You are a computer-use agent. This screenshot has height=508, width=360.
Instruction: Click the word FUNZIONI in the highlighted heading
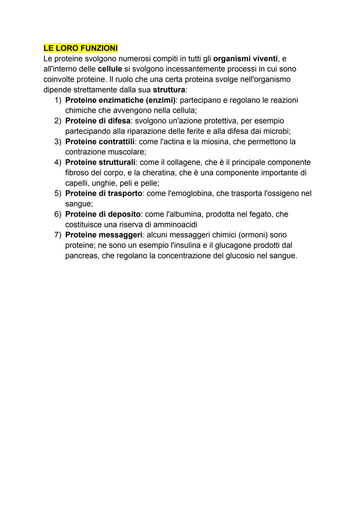point(99,48)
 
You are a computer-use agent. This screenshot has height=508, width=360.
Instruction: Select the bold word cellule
point(110,69)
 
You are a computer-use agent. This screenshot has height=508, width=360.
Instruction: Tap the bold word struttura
point(169,90)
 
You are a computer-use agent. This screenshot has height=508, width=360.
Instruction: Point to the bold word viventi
point(262,59)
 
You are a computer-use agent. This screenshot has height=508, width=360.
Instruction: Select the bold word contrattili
point(117,142)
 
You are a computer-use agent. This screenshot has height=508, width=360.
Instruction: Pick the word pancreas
point(81,255)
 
